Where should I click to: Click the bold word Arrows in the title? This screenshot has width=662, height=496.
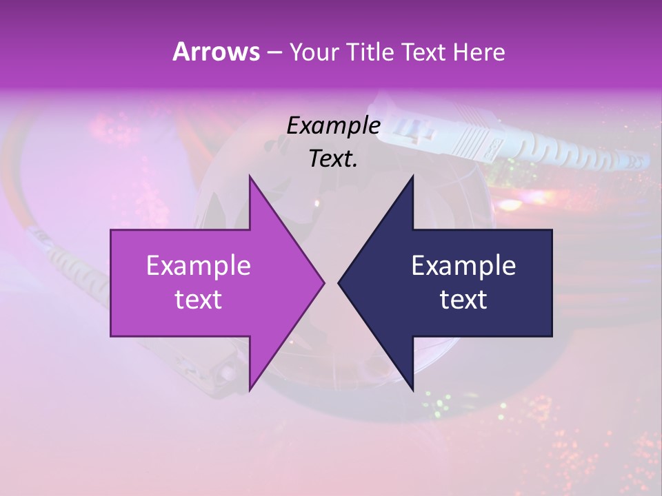[x=215, y=52]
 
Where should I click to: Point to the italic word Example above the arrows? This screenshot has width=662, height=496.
[x=333, y=125]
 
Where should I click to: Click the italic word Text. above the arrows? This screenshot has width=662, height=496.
[x=333, y=158]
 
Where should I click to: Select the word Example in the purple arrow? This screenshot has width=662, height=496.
[x=198, y=265]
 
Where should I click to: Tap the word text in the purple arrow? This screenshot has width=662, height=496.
[x=198, y=299]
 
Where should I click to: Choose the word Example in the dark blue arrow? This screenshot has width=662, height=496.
[x=463, y=265]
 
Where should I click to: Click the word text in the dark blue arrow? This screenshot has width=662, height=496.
[x=463, y=299]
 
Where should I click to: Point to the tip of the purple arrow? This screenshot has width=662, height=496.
[x=323, y=282]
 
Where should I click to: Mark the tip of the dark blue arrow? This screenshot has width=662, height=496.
[x=339, y=282]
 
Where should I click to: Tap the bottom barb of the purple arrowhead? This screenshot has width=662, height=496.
[x=250, y=388]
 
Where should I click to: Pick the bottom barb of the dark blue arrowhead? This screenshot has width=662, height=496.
[x=412, y=388]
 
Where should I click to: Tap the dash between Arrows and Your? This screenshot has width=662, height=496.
[x=273, y=53]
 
